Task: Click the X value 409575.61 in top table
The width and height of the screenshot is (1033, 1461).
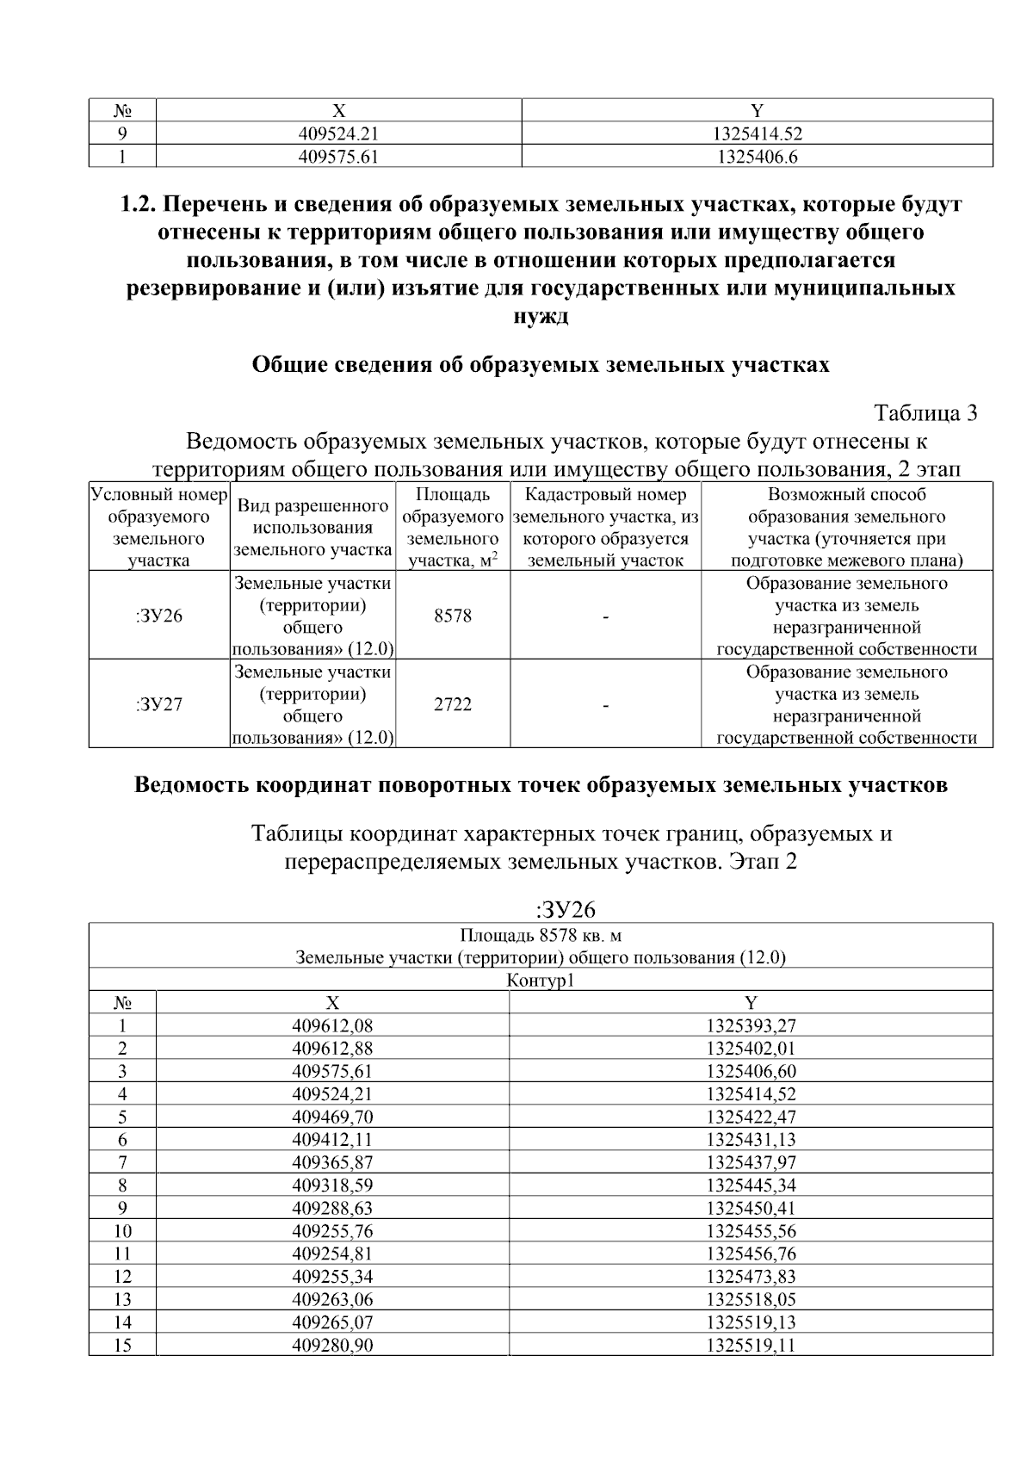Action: coord(338,157)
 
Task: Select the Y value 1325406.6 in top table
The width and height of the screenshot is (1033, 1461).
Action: coord(757,157)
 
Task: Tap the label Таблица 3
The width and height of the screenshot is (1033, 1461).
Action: coord(925,413)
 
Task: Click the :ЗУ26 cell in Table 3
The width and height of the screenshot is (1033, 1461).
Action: coord(159,616)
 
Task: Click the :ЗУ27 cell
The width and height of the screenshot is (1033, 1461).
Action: coord(159,705)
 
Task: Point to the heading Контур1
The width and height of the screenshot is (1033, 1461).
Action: coord(541,981)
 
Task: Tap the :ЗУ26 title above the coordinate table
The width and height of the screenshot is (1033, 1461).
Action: coord(566,910)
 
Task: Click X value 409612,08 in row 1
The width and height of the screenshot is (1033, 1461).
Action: coord(332,1026)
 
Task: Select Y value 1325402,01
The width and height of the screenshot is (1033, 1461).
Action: coord(751,1049)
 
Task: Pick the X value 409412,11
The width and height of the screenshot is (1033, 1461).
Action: coord(332,1140)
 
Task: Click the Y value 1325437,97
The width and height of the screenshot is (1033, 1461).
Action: coord(751,1162)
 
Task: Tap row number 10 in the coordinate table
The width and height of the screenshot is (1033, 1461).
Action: coord(122,1231)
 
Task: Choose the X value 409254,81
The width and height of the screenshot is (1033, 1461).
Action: coord(332,1254)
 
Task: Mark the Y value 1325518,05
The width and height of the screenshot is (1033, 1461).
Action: coord(751,1299)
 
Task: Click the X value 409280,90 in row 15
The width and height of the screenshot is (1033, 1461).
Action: coord(332,1345)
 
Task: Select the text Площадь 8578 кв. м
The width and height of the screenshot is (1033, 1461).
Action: coord(541,936)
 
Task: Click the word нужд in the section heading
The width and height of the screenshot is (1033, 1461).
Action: coord(541,316)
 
